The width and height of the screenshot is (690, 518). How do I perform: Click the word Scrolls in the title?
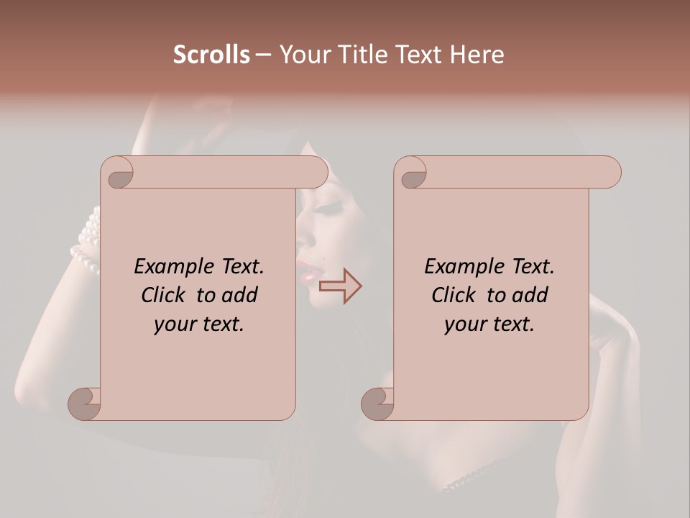[211, 55]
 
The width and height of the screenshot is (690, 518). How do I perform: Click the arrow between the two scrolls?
[340, 286]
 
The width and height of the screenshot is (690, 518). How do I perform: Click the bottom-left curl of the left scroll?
[85, 404]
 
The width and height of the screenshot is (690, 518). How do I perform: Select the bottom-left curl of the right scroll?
[377, 404]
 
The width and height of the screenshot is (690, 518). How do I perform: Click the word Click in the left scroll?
[163, 295]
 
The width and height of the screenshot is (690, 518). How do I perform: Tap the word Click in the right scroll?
[454, 295]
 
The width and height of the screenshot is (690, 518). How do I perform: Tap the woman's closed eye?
[330, 211]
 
